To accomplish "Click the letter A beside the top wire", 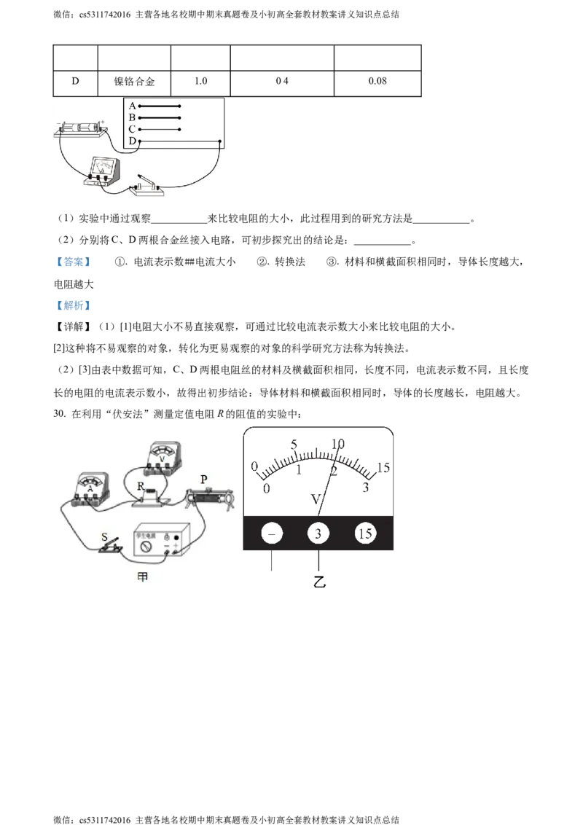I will (132, 106).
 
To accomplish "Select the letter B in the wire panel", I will (132, 117).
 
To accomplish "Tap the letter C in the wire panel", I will (132, 129).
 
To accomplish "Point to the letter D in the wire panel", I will (132, 141).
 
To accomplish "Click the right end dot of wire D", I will (221, 141).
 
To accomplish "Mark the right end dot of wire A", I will (179, 106).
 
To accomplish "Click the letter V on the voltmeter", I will (163, 459).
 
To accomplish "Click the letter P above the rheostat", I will (204, 479).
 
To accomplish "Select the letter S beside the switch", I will (105, 537).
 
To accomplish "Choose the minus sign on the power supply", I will (167, 544).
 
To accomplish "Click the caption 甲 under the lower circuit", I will (143, 576).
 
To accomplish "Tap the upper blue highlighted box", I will (73, 262).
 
